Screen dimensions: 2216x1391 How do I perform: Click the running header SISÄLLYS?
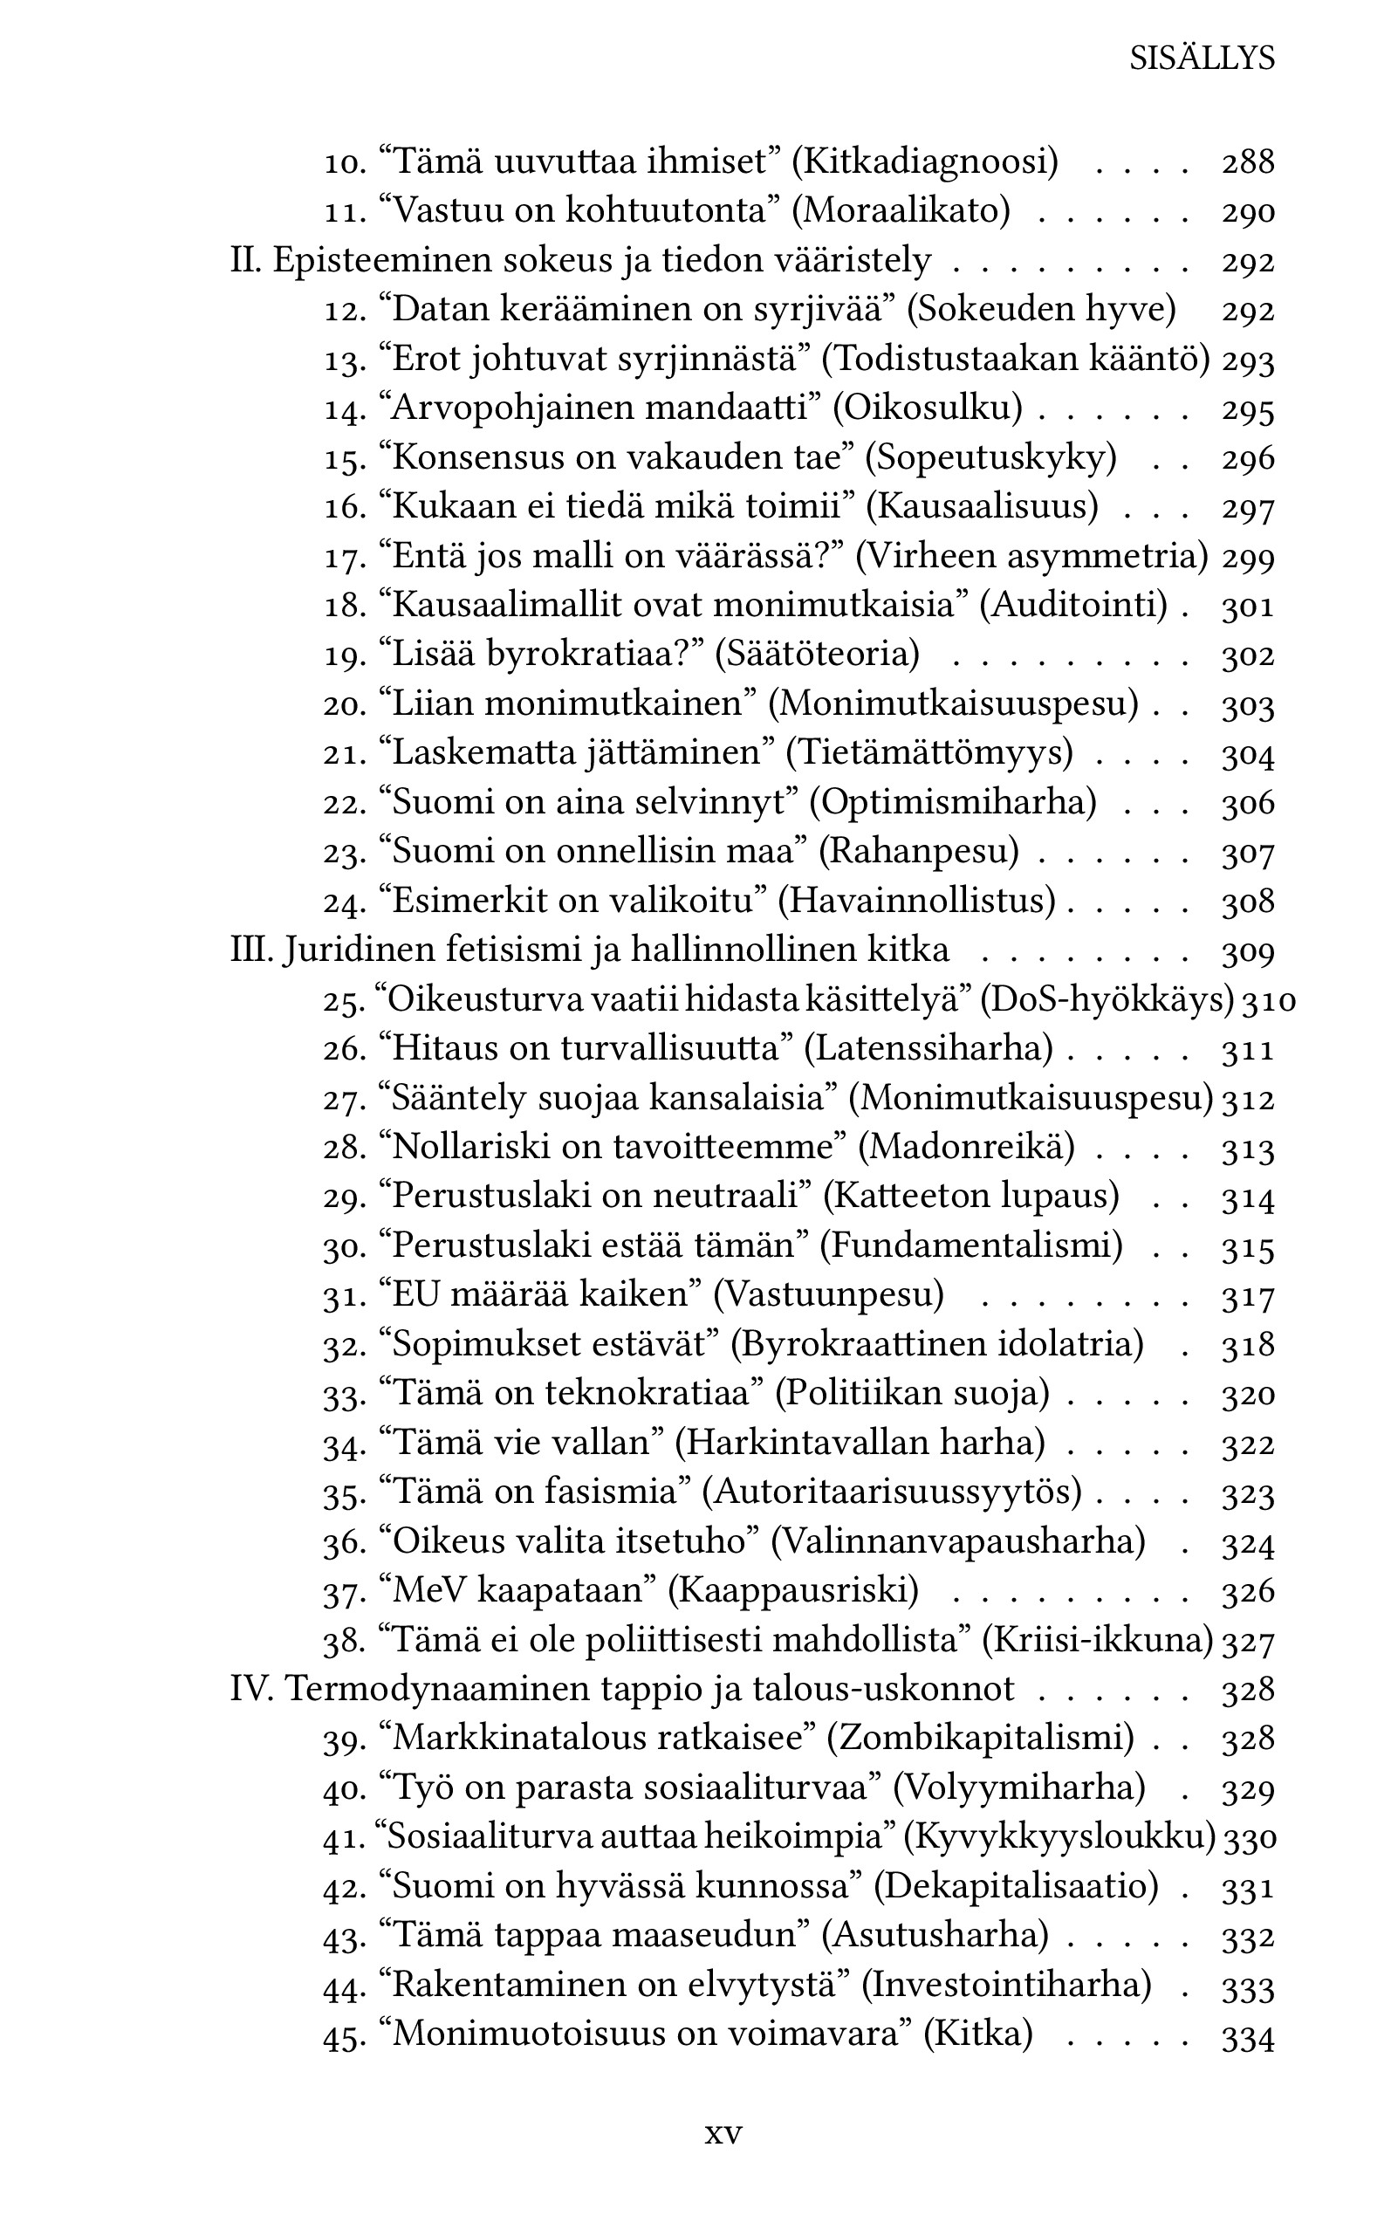tap(1202, 58)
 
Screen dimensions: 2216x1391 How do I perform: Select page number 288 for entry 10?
tap(1248, 163)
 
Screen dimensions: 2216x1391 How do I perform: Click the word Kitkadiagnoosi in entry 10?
tap(926, 163)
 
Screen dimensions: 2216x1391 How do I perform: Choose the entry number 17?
tap(344, 558)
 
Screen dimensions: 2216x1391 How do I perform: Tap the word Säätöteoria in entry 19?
tap(818, 654)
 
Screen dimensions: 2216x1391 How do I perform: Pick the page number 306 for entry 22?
tap(1248, 803)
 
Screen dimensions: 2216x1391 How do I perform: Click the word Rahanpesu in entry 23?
tap(919, 852)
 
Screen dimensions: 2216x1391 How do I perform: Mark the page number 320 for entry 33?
tap(1248, 1395)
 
